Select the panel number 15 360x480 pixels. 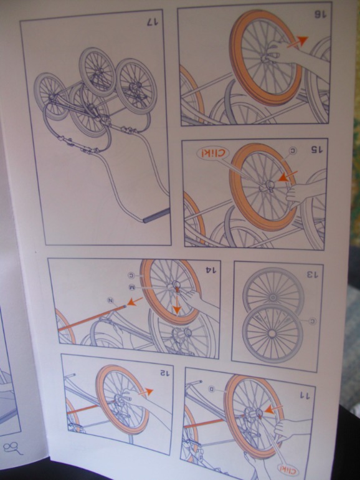(317, 149)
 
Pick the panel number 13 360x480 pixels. (313, 274)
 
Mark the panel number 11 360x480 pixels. (304, 395)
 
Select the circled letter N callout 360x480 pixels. (110, 300)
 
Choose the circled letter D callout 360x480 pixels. (212, 389)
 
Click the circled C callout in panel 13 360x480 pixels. (312, 321)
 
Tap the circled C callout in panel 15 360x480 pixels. (293, 151)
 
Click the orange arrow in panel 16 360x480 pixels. (297, 42)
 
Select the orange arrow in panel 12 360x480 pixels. (145, 393)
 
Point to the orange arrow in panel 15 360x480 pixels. (287, 176)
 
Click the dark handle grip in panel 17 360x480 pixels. (156, 216)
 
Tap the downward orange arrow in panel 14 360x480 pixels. (178, 304)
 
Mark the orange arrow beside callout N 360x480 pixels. (135, 301)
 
